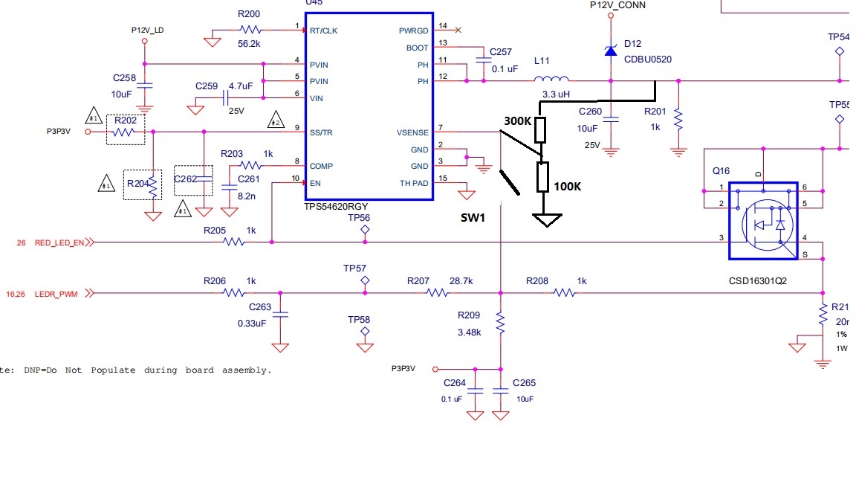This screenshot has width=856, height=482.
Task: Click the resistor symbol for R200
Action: click(250, 30)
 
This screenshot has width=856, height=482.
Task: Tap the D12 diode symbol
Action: click(611, 51)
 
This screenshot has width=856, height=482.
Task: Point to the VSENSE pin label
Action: click(412, 132)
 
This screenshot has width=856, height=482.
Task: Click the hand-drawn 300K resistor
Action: click(541, 129)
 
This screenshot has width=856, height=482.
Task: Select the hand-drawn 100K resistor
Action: click(543, 177)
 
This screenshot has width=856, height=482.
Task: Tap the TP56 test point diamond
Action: click(365, 231)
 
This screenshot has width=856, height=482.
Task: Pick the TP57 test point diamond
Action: click(365, 280)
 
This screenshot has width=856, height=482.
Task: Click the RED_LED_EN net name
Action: click(59, 242)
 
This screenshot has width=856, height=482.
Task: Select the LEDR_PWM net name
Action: click(56, 294)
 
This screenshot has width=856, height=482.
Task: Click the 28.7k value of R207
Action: click(461, 281)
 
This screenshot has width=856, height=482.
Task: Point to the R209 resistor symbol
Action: click(500, 323)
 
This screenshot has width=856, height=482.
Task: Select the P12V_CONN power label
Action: click(617, 5)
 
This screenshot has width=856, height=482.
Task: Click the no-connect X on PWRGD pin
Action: click(457, 30)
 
